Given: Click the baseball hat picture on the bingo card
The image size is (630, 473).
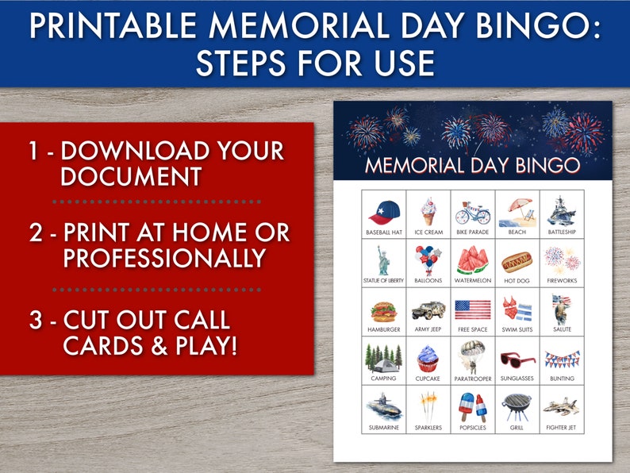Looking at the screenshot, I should pyautogui.click(x=384, y=212).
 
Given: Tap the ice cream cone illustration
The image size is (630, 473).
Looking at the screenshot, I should pyautogui.click(x=428, y=211).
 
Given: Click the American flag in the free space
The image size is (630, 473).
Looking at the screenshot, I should pyautogui.click(x=473, y=309).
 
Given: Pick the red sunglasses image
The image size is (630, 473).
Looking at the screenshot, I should pyautogui.click(x=517, y=360).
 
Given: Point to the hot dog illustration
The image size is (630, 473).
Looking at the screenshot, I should pyautogui.click(x=517, y=260).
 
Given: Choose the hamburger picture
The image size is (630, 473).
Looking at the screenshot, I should pyautogui.click(x=384, y=309).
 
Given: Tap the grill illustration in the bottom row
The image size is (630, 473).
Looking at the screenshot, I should pyautogui.click(x=517, y=407).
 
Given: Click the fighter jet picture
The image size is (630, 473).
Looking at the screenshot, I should pyautogui.click(x=562, y=407).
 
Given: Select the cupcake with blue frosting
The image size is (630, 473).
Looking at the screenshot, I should pyautogui.click(x=428, y=358).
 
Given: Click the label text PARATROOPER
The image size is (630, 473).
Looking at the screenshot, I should pyautogui.click(x=473, y=379).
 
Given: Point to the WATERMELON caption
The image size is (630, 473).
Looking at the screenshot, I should pyautogui.click(x=473, y=280).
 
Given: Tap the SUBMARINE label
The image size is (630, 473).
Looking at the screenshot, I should pyautogui.click(x=384, y=428).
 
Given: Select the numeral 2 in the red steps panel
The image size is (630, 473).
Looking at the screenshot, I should pyautogui.click(x=35, y=233).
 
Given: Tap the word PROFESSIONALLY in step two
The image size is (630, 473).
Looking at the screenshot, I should pyautogui.click(x=164, y=259).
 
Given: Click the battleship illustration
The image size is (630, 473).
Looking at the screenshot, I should pyautogui.click(x=562, y=211).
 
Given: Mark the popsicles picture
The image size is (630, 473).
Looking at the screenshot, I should pyautogui.click(x=473, y=406).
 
